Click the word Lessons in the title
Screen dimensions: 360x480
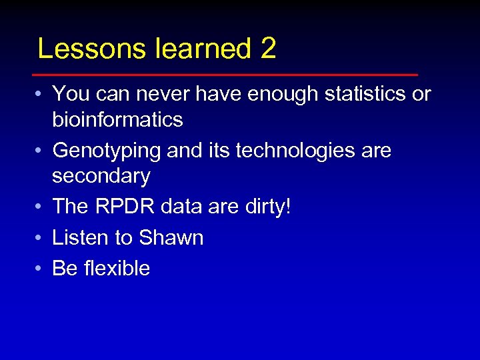click(x=79, y=49)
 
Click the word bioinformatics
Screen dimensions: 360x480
click(x=117, y=120)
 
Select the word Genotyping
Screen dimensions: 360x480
click(x=107, y=151)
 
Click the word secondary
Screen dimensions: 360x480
click(x=101, y=176)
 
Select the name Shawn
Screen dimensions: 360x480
click(x=171, y=237)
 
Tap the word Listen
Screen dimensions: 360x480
click(x=80, y=237)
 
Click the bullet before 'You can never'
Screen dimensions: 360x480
click(x=41, y=95)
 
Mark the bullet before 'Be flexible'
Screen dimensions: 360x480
click(x=41, y=269)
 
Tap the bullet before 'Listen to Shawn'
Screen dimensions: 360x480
click(x=41, y=238)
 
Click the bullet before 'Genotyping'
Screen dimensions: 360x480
click(x=41, y=151)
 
